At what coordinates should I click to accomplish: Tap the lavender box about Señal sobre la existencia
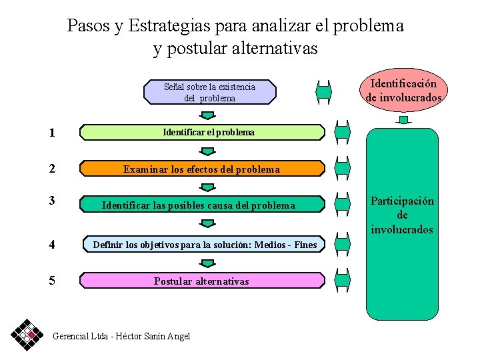[210, 93]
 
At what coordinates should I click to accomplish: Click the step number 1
[52, 133]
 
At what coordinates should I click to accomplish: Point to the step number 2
[52, 169]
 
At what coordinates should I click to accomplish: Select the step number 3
[52, 200]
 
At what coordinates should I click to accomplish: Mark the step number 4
[52, 245]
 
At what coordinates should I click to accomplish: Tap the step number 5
[52, 281]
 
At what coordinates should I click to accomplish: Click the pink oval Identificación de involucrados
[403, 91]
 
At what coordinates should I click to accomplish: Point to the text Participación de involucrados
[402, 215]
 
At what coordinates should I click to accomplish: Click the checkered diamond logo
[27, 333]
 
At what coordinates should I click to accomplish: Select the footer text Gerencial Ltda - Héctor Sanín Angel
[121, 336]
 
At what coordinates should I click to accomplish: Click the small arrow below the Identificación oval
[403, 120]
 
